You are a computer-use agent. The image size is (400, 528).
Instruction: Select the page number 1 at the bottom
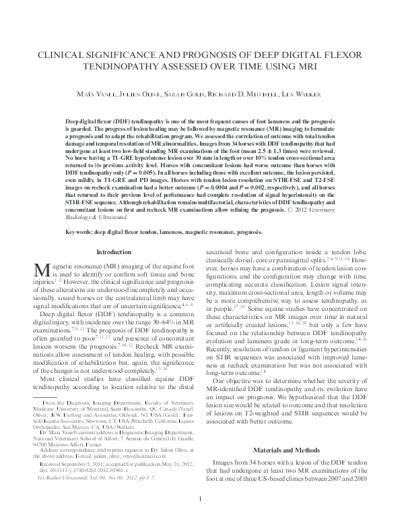click(x=200, y=517)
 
